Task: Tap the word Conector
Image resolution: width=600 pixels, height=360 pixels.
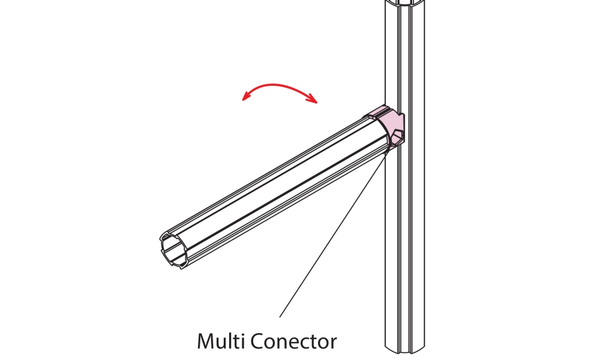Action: point(292,341)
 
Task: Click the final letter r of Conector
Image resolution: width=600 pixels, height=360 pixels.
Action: point(332,343)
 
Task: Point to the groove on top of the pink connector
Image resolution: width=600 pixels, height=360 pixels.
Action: point(382,112)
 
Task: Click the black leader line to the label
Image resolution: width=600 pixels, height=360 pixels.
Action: point(333,234)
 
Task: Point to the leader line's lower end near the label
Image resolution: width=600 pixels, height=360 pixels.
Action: point(280,316)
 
